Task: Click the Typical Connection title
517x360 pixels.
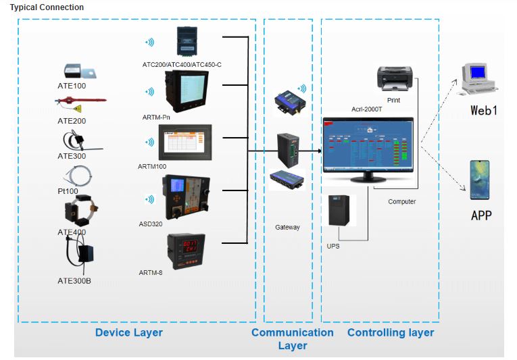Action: (x=47, y=7)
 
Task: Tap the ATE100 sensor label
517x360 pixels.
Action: (x=72, y=86)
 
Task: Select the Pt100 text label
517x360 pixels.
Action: (x=68, y=191)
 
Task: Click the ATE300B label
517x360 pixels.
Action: (x=74, y=280)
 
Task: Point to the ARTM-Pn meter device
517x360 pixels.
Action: (x=184, y=91)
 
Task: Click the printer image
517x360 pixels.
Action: (x=395, y=78)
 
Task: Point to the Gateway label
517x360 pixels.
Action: (x=287, y=228)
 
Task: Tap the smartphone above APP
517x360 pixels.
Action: (x=480, y=180)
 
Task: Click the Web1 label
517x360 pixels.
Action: (x=484, y=109)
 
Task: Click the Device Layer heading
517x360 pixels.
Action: (x=128, y=332)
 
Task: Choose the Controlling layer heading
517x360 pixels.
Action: (x=391, y=332)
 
